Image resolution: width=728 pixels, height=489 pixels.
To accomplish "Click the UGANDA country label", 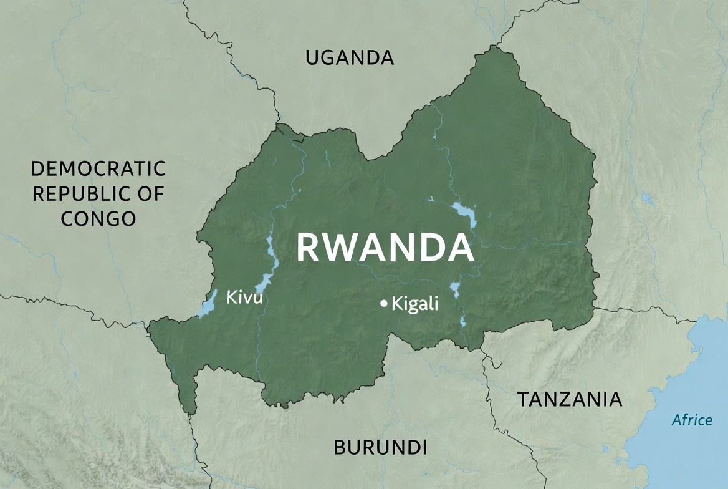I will tap(350, 58).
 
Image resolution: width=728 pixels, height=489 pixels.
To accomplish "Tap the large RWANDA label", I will tap(385, 247).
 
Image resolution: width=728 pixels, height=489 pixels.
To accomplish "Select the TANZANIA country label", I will tap(570, 399).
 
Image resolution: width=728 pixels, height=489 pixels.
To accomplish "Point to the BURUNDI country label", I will tap(380, 447).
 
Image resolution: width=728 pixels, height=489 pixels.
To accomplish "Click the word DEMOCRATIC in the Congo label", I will tap(98, 168).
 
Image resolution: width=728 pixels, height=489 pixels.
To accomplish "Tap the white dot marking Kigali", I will tap(384, 304).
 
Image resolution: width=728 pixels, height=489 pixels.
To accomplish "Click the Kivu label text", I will tap(244, 297).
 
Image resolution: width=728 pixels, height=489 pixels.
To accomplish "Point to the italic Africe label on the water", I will tap(692, 420).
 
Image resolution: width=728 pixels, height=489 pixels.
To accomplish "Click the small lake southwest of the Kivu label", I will tap(208, 306).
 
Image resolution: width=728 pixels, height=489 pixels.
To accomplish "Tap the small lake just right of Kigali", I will tap(455, 289).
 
